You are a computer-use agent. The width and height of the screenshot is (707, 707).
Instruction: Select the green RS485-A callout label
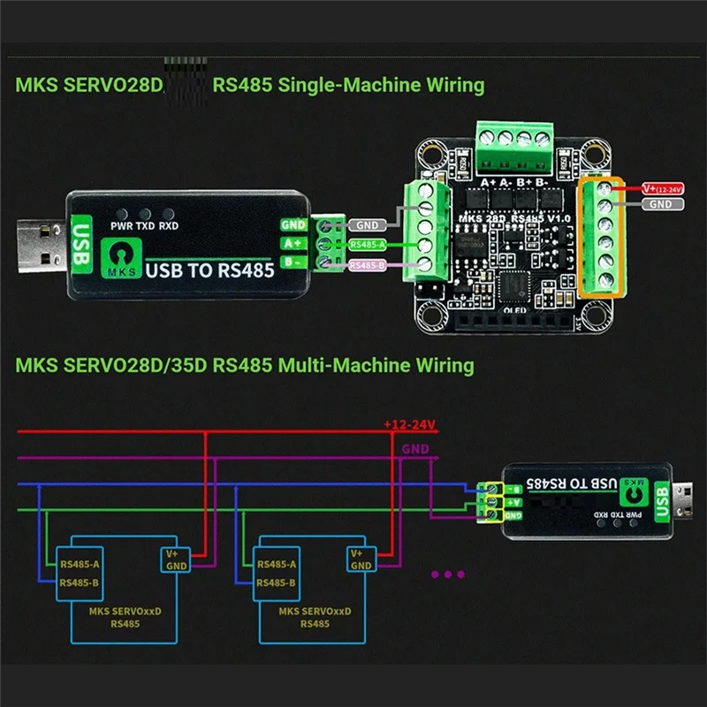coord(367,245)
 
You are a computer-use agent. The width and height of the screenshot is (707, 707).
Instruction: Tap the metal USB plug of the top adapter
coord(40,243)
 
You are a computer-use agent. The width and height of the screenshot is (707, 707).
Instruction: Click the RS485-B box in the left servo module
coord(80,582)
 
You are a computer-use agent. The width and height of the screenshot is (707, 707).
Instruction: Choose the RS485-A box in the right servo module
coord(277,563)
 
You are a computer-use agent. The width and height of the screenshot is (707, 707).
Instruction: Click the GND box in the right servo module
coord(361,566)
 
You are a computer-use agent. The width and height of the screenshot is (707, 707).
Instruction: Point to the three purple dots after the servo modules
coord(447,574)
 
